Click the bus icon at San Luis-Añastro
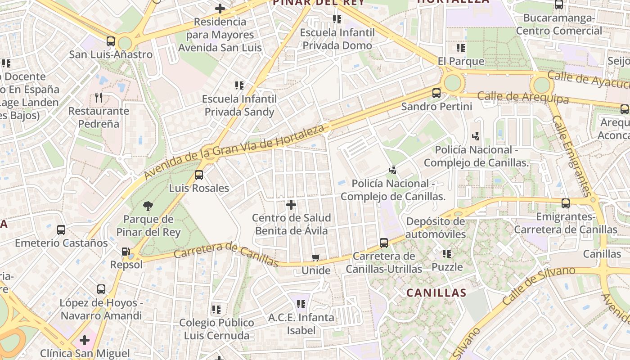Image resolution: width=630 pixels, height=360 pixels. [x=111, y=41]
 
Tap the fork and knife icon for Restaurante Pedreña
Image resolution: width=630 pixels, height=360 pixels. [x=99, y=97]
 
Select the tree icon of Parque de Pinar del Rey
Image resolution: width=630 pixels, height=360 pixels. [x=148, y=206]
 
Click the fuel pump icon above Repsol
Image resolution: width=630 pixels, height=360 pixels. [x=126, y=252]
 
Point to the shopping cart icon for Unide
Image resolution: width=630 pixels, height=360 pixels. [x=316, y=257]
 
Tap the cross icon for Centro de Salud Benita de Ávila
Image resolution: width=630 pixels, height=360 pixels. [x=291, y=205]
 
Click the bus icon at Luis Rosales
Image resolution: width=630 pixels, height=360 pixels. [x=199, y=175]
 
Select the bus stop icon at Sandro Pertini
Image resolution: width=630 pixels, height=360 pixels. [x=436, y=93]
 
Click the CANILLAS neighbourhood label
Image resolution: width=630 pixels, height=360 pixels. [x=436, y=293]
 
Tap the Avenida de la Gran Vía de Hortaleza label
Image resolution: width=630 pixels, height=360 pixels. [x=234, y=152]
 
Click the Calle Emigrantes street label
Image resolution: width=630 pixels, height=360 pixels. [x=571, y=156]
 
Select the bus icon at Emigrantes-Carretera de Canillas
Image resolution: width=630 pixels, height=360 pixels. [x=566, y=203]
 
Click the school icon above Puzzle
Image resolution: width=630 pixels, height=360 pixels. [x=447, y=254]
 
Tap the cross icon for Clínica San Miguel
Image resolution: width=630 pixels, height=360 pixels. [x=85, y=340]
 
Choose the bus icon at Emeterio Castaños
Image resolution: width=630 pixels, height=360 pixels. [x=61, y=230]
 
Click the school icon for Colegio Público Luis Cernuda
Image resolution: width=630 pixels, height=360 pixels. [x=216, y=310]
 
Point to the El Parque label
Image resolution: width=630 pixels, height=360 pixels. [x=461, y=61]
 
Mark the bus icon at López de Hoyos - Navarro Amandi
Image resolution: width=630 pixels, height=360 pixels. [x=101, y=289]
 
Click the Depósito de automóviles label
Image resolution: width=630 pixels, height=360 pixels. [x=436, y=228]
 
